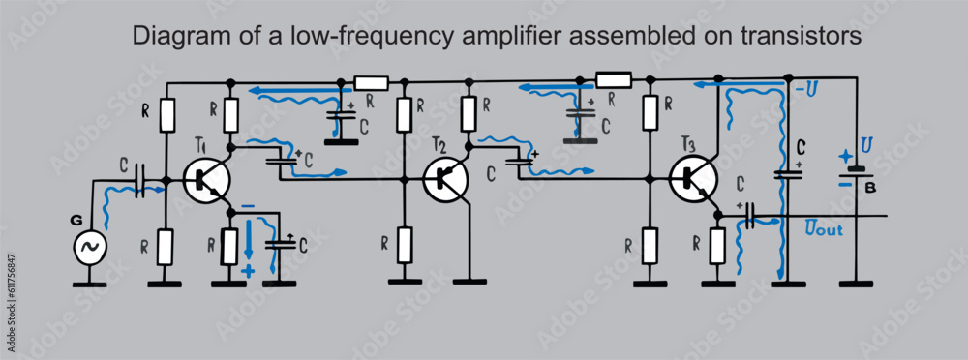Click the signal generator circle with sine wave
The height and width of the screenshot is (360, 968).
pyautogui.click(x=90, y=248)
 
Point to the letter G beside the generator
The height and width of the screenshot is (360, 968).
pyautogui.click(x=76, y=221)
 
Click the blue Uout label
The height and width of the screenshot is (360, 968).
pyautogui.click(x=823, y=229)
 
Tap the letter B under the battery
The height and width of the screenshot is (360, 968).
pyautogui.click(x=870, y=187)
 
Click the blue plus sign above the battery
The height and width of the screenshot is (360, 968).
pyautogui.click(x=847, y=155)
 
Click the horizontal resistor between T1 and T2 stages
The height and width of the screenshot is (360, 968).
pyautogui.click(x=372, y=82)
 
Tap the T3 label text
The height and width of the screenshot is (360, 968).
pyautogui.click(x=687, y=144)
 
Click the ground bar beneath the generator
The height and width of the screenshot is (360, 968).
pyautogui.click(x=90, y=285)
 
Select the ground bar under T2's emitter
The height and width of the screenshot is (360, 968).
pyautogui.click(x=469, y=281)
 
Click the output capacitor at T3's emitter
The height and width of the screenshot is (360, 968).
pyautogui.click(x=750, y=220)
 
